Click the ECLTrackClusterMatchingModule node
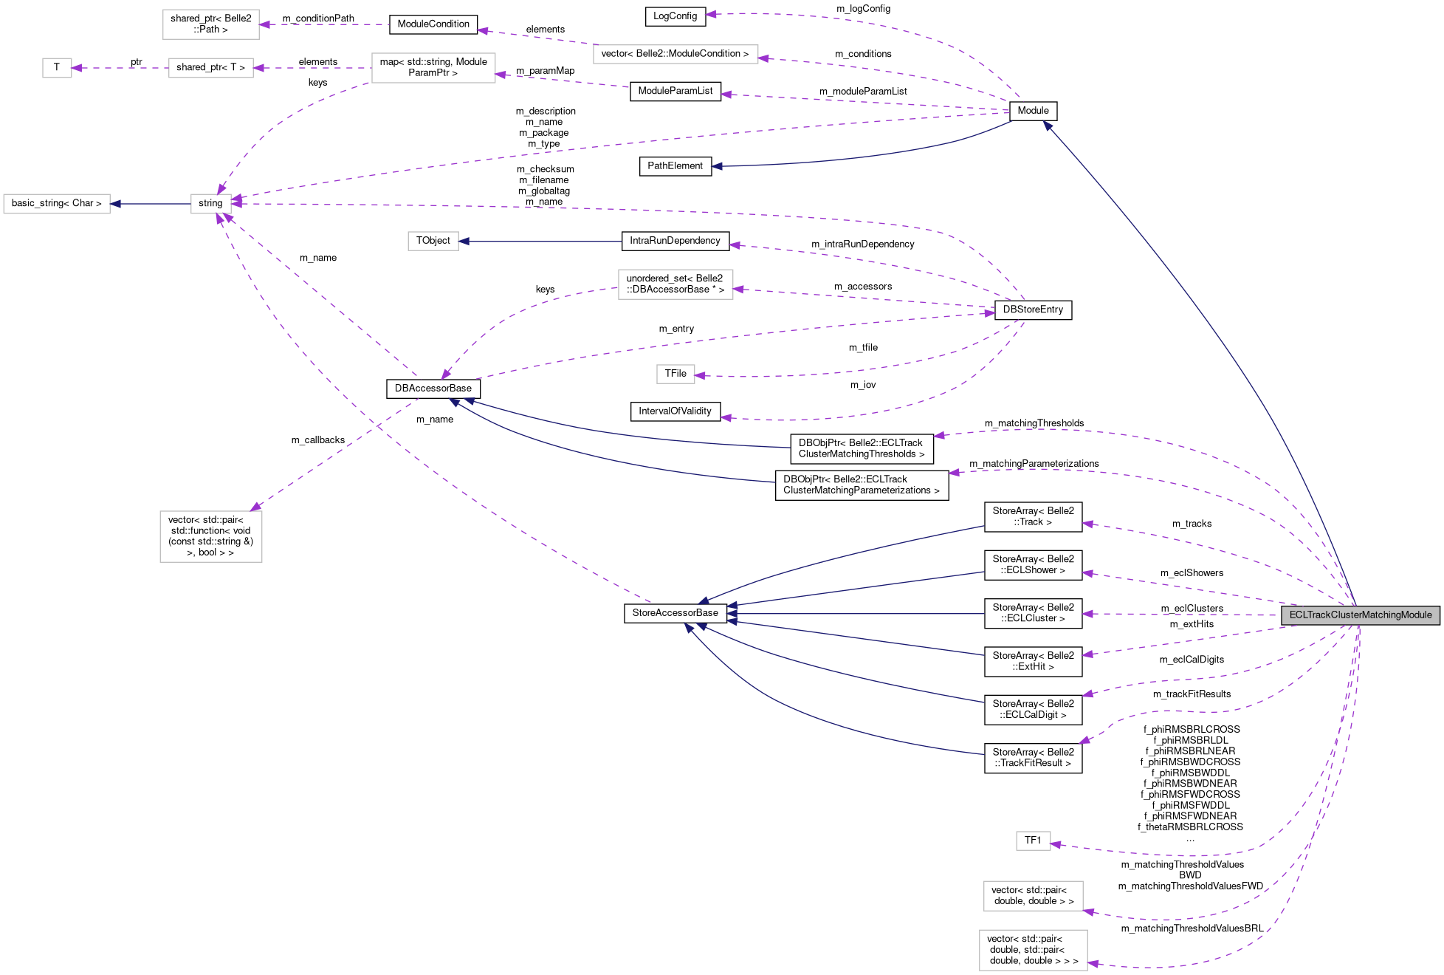pyautogui.click(x=1360, y=615)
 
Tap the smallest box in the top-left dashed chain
pyautogui.click(x=57, y=68)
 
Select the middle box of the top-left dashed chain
pyautogui.click(x=210, y=68)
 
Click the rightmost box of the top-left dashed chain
pyautogui.click(x=433, y=68)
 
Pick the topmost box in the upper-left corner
pyautogui.click(x=210, y=24)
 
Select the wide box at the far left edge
pyautogui.click(x=57, y=204)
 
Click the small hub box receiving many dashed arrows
pyautogui.click(x=211, y=204)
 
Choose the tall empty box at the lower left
pyautogui.click(x=211, y=536)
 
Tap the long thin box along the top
pyautogui.click(x=675, y=54)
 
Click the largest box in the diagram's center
pyautogui.click(x=675, y=284)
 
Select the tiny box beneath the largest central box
pyautogui.click(x=675, y=374)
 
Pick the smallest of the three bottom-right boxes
pyautogui.click(x=1033, y=841)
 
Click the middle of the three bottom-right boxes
pyautogui.click(x=1033, y=896)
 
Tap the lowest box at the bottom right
pyautogui.click(x=1033, y=950)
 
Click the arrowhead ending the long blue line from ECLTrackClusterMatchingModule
pyautogui.click(x=1047, y=126)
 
